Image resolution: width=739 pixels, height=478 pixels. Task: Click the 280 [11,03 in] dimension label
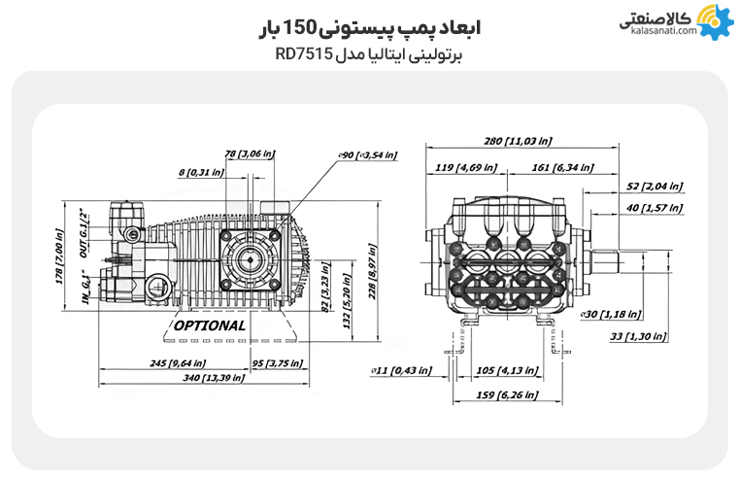pyautogui.click(x=520, y=142)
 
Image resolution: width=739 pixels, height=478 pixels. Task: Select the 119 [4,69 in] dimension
pyautogui.click(x=464, y=167)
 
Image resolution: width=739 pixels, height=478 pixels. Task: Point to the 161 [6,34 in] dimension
pyautogui.click(x=571, y=167)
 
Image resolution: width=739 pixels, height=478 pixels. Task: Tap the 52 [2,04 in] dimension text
pyautogui.click(x=655, y=186)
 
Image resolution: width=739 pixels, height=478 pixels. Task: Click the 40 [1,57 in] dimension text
pyautogui.click(x=655, y=207)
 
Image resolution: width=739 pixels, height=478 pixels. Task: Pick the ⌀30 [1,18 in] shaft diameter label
pyautogui.click(x=609, y=314)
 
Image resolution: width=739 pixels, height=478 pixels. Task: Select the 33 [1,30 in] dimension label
pyautogui.click(x=638, y=336)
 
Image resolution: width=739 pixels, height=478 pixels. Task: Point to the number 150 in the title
pyautogui.click(x=319, y=28)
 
